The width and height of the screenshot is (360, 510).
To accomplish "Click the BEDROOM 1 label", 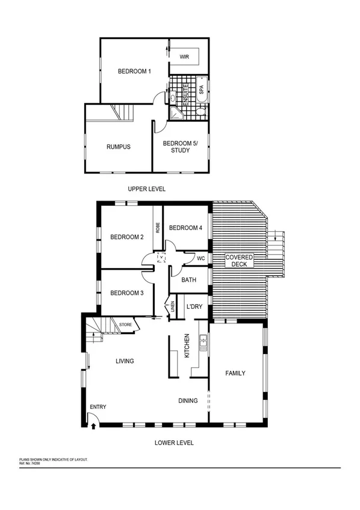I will point(134,72).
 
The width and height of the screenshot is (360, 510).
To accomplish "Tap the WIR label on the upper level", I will point(184,56).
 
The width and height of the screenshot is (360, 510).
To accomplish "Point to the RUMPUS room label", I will point(118,146).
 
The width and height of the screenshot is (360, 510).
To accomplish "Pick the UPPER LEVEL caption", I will point(146,189).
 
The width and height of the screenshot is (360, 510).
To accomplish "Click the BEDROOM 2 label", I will point(126,237).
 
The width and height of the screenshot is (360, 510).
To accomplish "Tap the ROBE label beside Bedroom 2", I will point(158,228).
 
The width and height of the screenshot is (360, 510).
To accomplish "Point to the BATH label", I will point(189,280).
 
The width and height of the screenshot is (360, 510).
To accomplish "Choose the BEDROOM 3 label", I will point(126,293).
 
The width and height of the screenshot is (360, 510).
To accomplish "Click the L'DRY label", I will point(194,306).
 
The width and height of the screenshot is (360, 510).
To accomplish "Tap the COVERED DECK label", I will point(239,261).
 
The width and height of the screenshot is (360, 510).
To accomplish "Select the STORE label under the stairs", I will point(125,325).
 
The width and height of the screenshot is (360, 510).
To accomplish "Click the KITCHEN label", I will point(187,346).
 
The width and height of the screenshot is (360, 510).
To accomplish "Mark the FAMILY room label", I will point(235,373).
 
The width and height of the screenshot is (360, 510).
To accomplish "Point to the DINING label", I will point(188,400).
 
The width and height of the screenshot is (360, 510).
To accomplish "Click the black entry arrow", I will point(93,426).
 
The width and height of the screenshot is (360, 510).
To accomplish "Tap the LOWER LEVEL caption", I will point(174,443).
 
